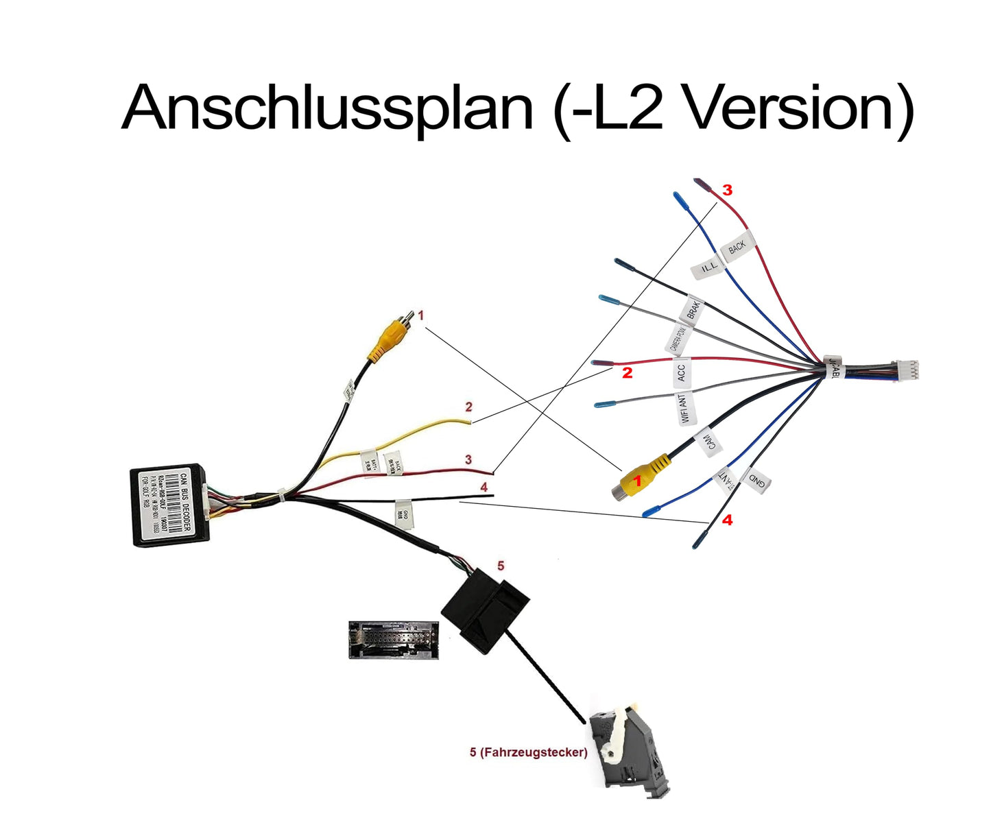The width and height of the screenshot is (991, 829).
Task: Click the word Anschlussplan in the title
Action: click(x=327, y=108)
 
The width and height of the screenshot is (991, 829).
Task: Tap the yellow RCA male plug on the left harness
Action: click(x=388, y=338)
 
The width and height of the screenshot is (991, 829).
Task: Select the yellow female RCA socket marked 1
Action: click(x=638, y=479)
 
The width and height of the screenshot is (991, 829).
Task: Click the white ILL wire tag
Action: click(x=707, y=267)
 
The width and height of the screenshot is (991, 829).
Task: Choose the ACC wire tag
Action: click(x=681, y=372)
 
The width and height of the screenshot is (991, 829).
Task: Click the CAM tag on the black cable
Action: click(x=709, y=442)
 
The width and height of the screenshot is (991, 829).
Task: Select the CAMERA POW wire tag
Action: click(x=680, y=339)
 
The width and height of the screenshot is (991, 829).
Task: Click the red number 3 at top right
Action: click(x=727, y=190)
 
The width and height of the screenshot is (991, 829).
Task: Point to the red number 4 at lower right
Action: click(x=727, y=520)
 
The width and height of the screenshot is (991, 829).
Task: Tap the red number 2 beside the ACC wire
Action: click(x=626, y=373)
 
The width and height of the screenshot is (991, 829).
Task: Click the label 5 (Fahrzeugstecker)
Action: click(x=528, y=752)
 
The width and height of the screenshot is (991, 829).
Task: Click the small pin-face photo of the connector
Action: click(x=393, y=640)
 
